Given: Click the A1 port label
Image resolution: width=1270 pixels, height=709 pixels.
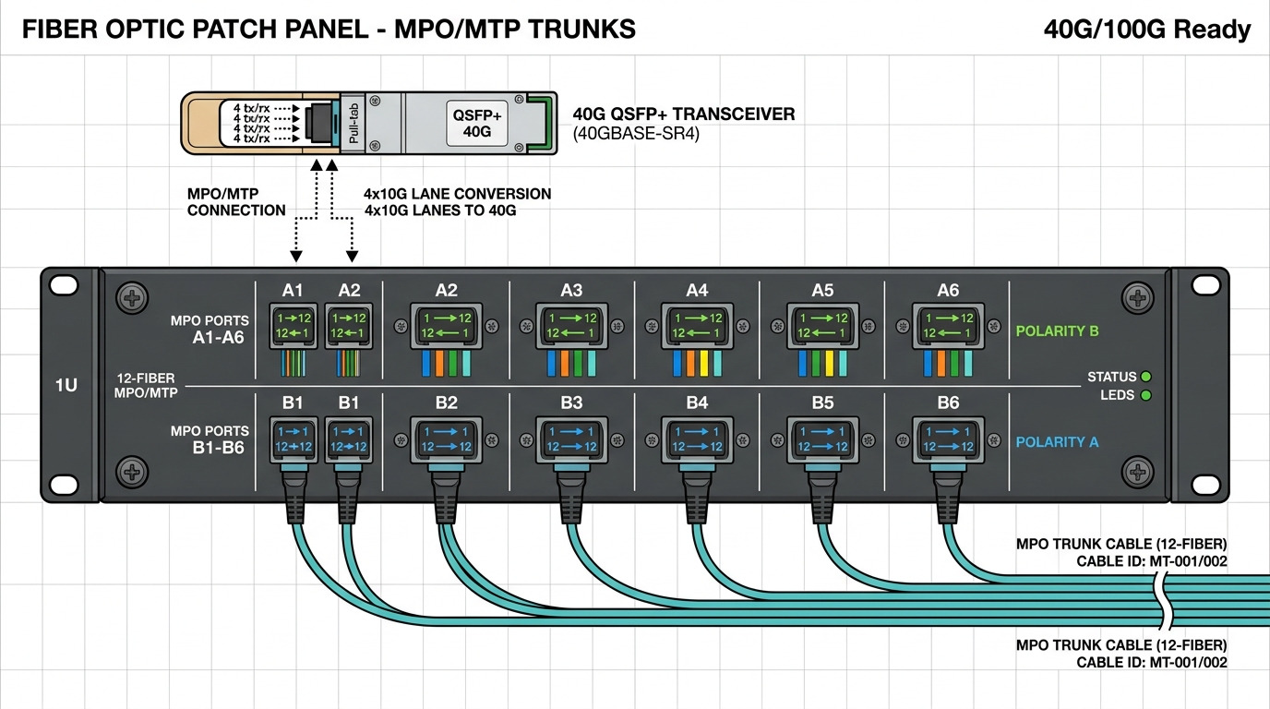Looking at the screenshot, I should (x=293, y=290).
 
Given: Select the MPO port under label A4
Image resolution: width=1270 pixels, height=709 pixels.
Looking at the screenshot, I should (x=697, y=325).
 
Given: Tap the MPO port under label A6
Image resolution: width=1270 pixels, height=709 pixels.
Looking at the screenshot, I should (x=948, y=325).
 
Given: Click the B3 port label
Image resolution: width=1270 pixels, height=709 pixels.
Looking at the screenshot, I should (x=571, y=403).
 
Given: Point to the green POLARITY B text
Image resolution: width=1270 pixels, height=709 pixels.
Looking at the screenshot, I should (x=1057, y=330).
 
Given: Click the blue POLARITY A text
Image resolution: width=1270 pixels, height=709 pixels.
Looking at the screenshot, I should (x=1057, y=442).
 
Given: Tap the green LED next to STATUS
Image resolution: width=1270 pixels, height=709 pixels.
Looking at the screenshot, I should (x=1146, y=377).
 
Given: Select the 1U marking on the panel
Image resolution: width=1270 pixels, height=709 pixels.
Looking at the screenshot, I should (x=66, y=385).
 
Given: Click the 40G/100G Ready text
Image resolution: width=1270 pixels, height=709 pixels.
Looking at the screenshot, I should (x=1146, y=30).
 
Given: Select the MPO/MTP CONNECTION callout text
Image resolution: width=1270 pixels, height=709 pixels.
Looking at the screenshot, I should (x=236, y=202).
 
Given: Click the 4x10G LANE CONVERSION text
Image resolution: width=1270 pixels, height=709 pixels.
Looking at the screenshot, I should (x=458, y=194).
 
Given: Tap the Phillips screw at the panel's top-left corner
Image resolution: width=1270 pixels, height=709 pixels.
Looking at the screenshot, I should (x=133, y=297).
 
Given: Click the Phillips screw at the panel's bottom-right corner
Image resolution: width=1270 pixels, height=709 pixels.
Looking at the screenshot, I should (x=1136, y=473).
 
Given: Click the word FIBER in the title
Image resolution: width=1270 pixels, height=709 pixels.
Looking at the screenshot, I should (x=58, y=30).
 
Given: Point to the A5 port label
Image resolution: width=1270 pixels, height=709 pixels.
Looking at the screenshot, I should (x=822, y=290).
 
